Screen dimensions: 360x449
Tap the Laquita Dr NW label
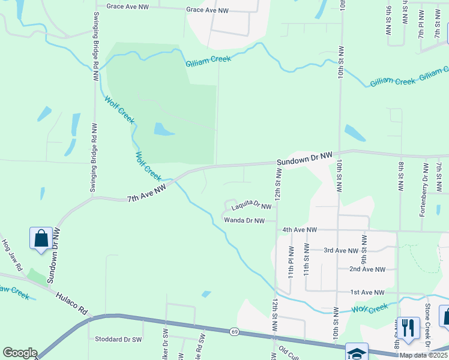point(252,207)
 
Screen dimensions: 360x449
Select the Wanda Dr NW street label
point(244,220)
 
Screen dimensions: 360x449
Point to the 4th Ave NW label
point(299,229)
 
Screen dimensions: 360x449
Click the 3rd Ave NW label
point(340,250)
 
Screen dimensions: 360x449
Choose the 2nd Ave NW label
point(367,269)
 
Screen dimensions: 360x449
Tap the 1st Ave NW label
point(367,292)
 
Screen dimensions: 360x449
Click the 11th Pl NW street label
point(291,260)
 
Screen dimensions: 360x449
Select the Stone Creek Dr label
point(428,323)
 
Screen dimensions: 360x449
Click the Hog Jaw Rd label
point(11,254)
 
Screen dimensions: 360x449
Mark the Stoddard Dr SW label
point(117,339)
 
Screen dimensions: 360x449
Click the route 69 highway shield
point(234,331)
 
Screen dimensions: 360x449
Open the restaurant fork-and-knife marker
point(408,328)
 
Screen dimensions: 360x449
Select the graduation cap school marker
point(357,353)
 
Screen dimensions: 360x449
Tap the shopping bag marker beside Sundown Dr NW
point(41,238)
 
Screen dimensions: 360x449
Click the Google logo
point(20,353)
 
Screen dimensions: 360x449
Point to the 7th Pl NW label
point(421,24)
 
